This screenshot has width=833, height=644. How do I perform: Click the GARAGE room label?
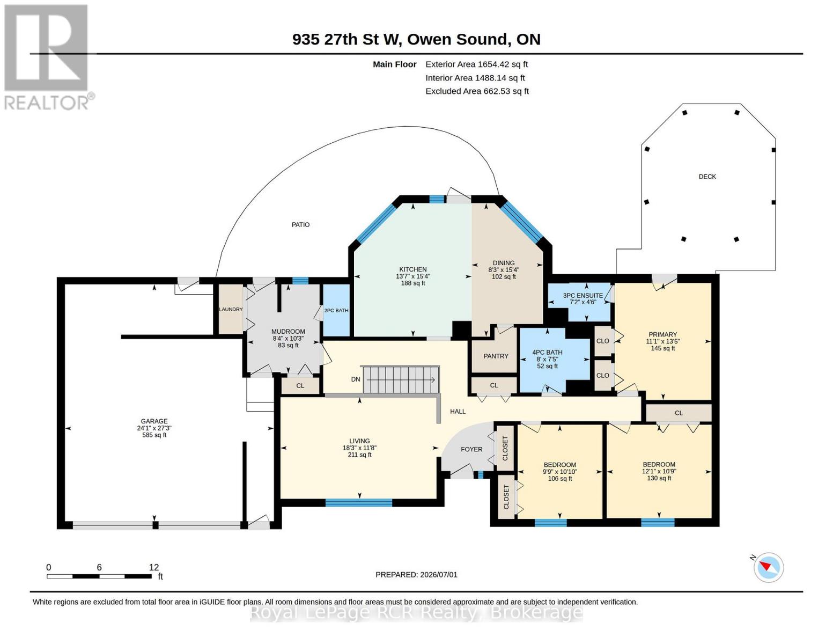pos(154,421)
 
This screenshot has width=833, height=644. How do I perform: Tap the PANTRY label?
pos(496,356)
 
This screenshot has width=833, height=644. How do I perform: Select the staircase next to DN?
pos(401,380)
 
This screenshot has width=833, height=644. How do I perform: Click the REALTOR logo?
pos(48,57)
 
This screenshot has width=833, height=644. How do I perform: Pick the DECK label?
pos(707,177)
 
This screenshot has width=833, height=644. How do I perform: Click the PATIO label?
pos(300,225)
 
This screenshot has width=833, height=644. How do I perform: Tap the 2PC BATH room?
pos(336,310)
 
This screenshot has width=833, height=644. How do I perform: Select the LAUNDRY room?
pos(231,309)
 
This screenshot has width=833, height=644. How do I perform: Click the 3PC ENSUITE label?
pos(583,295)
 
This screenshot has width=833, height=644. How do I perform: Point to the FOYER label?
pos(471,449)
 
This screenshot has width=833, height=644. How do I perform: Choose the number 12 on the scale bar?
pos(154,567)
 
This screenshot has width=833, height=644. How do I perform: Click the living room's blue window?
pos(359,502)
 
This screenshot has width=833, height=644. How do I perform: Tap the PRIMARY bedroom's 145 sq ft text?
pos(663,348)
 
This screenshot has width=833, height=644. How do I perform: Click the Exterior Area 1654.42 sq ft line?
pos(476,64)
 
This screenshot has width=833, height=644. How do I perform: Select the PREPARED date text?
pos(416,575)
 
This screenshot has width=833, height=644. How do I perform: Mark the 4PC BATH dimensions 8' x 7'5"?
pos(548,360)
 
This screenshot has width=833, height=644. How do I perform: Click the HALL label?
pos(458,412)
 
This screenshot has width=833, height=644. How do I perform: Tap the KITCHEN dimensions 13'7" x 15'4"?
pos(413,276)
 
